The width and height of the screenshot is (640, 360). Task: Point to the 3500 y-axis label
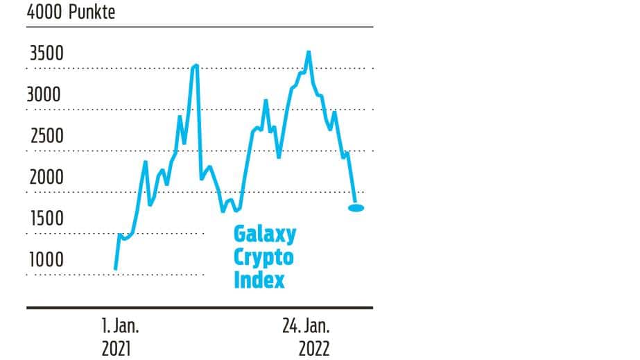(x=45, y=53)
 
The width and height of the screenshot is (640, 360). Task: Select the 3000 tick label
(x=45, y=94)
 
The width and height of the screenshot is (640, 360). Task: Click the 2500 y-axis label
(x=46, y=136)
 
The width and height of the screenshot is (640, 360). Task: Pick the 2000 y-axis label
(x=46, y=178)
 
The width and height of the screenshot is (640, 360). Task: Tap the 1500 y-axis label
(x=46, y=219)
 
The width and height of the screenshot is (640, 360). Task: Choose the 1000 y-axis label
(x=46, y=260)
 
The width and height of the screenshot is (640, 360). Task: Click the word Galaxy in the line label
(x=264, y=234)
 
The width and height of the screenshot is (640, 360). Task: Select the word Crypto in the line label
(x=263, y=258)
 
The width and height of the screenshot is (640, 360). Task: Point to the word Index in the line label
(x=259, y=280)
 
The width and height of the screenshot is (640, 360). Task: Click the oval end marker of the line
(x=356, y=207)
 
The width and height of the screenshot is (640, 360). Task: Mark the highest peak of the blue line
(x=309, y=52)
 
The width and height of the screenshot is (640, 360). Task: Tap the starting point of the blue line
(x=115, y=268)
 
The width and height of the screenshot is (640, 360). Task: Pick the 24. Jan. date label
(x=306, y=325)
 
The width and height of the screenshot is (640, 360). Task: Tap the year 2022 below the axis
(x=314, y=348)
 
